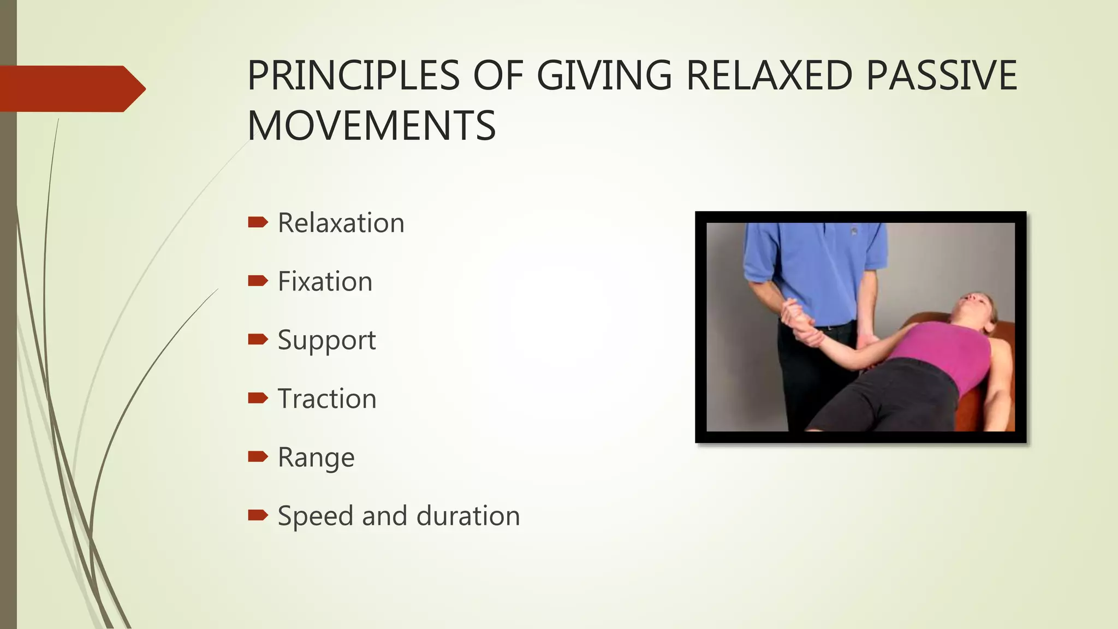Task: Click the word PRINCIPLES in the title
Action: (354, 75)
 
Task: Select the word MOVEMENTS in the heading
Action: (371, 126)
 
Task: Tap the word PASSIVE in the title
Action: (942, 75)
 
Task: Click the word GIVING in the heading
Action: (604, 75)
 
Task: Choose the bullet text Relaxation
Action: (341, 223)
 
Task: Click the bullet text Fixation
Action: (325, 282)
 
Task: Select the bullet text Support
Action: (326, 341)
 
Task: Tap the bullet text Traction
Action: (327, 399)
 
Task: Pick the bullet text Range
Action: (316, 458)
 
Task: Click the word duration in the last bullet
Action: (468, 516)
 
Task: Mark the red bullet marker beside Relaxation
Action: (258, 222)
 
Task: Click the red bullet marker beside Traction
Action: (258, 397)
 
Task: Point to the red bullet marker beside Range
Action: (258, 456)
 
